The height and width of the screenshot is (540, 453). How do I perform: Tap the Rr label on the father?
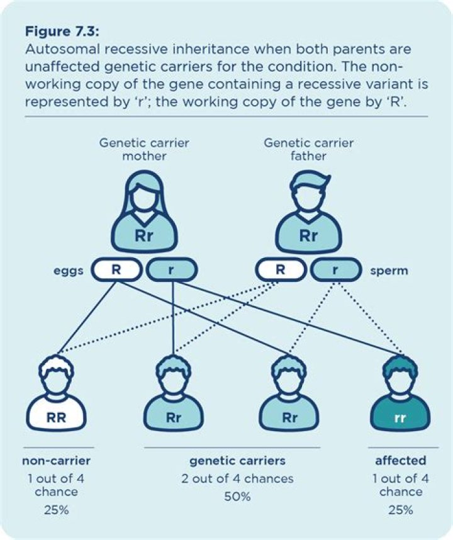point(308,237)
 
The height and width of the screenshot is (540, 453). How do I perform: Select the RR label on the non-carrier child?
point(56,417)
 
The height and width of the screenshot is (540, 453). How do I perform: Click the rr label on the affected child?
point(400,417)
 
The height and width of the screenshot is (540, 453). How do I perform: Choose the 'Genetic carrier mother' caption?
point(144,149)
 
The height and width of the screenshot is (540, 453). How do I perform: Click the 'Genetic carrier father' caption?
point(308,149)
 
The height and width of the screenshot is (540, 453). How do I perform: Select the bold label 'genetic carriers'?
point(232,460)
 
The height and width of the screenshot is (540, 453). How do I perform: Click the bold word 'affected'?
point(401,460)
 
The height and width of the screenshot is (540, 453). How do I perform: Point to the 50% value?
point(237,497)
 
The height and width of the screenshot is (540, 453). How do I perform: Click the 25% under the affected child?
point(401,510)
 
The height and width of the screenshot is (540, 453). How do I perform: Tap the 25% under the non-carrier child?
point(57,510)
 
